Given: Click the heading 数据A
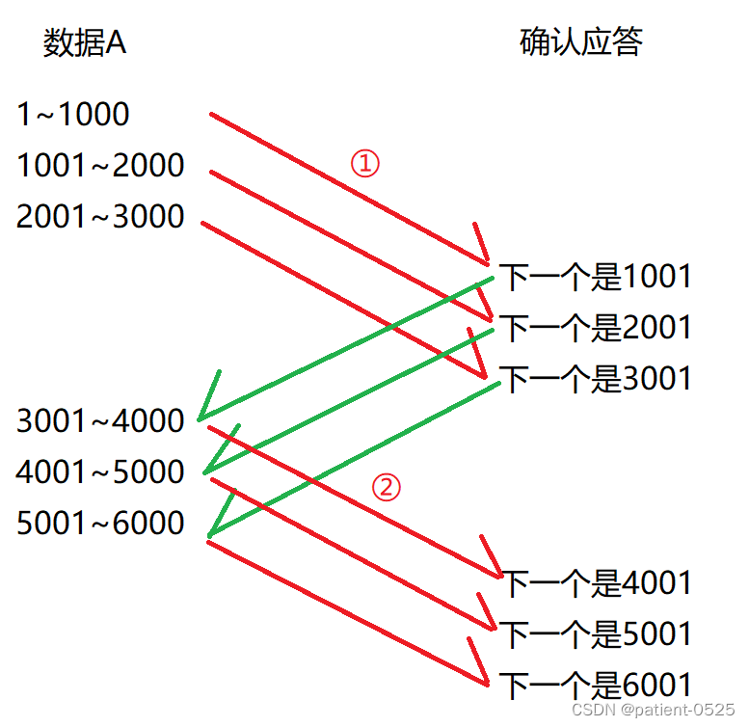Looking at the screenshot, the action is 85,44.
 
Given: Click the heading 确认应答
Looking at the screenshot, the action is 581,42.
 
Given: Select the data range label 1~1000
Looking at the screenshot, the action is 73,115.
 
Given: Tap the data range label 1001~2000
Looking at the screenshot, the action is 100,166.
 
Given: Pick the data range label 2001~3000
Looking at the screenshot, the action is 100,217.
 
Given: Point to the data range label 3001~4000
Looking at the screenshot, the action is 100,421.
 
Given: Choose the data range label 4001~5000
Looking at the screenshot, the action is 100,472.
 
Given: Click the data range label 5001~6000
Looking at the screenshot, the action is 100,524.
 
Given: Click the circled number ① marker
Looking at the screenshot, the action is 365,164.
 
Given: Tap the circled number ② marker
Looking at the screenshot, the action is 386,488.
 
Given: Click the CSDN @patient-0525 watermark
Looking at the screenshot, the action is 654,710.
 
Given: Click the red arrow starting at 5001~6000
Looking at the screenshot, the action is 347,612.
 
